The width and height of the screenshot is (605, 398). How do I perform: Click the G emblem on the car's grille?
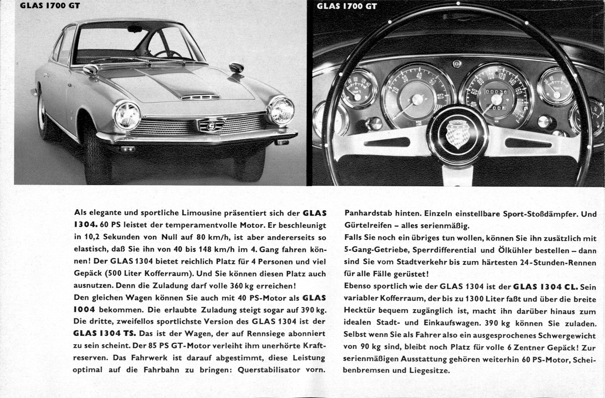pyautogui.click(x=211, y=126)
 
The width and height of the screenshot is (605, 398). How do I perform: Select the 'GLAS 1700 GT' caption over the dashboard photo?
pyautogui.click(x=346, y=6)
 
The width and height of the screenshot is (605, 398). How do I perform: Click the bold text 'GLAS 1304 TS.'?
pyautogui.click(x=104, y=333)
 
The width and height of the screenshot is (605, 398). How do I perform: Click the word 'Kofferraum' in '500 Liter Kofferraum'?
pyautogui.click(x=163, y=273)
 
